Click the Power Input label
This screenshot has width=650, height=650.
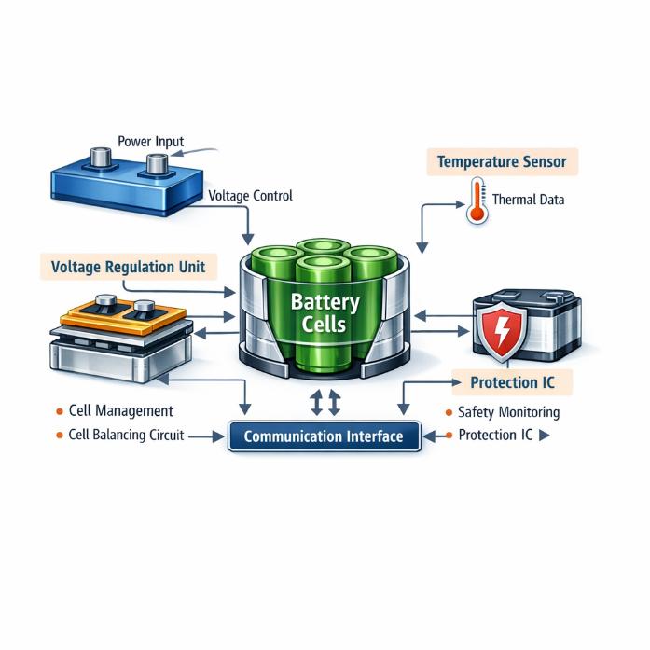tap(150, 142)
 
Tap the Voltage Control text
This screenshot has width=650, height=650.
tap(250, 196)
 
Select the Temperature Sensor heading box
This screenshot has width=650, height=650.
tap(502, 161)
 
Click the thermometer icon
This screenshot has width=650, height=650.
tap(477, 201)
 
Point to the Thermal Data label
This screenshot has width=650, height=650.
tap(528, 200)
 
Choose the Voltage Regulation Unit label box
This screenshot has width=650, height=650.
tap(129, 267)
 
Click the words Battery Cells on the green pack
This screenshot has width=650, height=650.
tap(325, 313)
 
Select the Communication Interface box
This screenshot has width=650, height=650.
tap(325, 436)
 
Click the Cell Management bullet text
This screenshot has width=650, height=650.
tap(120, 411)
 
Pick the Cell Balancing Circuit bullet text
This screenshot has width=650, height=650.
tap(126, 435)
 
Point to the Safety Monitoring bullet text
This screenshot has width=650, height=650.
tap(508, 412)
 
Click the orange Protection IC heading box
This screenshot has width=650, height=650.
tap(512, 382)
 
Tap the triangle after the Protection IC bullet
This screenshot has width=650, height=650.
tap(545, 436)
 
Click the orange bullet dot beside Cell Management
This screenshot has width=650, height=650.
tap(60, 411)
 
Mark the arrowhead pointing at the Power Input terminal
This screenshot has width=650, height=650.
tap(176, 154)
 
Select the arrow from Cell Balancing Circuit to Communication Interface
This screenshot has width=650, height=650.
tap(206, 436)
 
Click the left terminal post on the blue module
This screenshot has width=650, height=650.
tap(101, 158)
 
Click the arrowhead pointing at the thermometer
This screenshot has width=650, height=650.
tap(460, 204)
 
